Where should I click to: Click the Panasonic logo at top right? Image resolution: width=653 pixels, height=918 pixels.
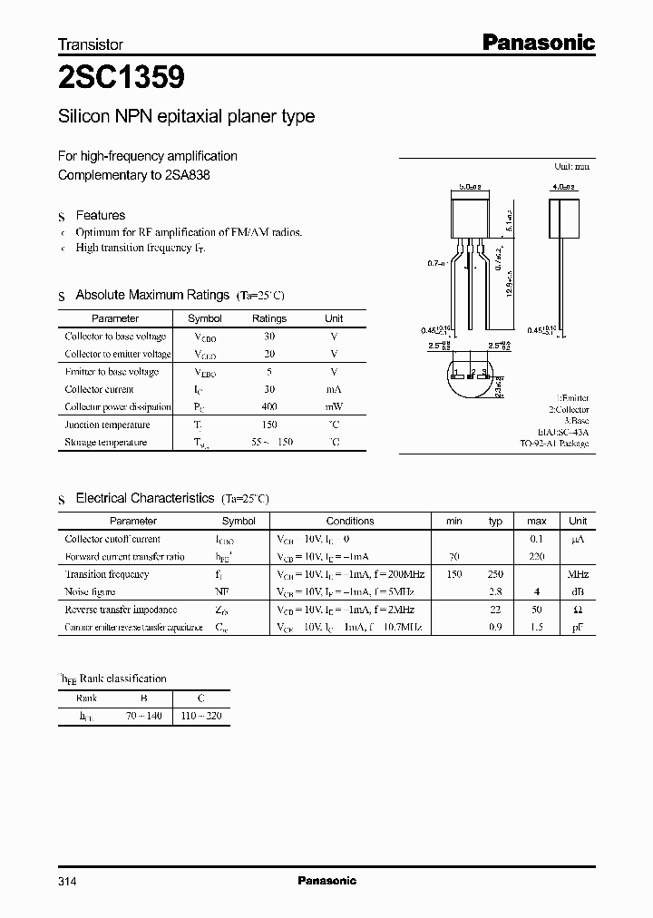(x=537, y=42)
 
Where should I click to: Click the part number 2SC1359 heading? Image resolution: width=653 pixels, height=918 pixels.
(x=122, y=79)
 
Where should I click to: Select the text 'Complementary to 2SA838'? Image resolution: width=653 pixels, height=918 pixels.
(x=134, y=174)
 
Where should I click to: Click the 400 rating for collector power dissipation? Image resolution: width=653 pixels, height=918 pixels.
(x=268, y=406)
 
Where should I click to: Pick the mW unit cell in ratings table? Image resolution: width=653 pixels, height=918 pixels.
(x=334, y=406)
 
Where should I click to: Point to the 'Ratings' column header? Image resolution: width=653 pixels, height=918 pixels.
(x=268, y=318)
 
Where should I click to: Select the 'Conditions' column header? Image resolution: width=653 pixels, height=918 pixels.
(x=350, y=521)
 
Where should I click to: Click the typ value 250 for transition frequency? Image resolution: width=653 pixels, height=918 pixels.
(x=495, y=574)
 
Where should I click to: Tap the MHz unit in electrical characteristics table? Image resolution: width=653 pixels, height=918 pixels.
(x=577, y=574)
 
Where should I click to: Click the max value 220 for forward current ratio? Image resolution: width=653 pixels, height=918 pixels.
(x=536, y=556)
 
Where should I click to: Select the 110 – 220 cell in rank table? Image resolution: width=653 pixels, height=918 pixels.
(x=202, y=716)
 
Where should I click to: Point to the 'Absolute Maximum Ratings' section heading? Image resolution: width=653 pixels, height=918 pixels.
(x=152, y=295)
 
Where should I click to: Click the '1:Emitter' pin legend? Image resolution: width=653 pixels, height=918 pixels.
(x=571, y=398)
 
